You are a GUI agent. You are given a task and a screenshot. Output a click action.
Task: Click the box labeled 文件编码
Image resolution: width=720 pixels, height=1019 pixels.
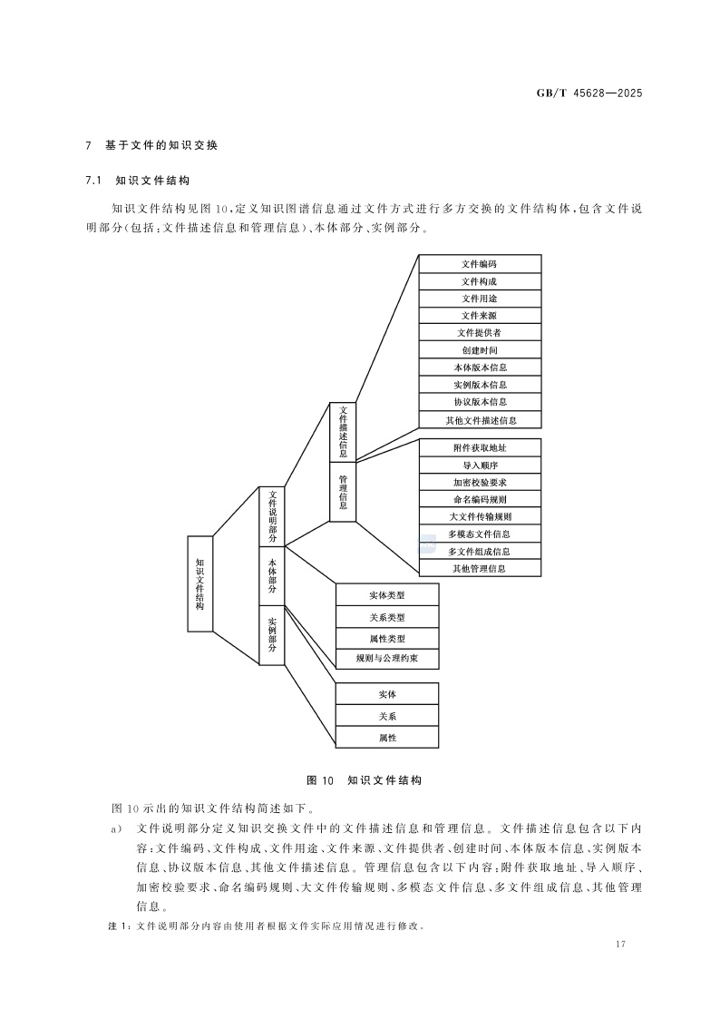[x=479, y=263]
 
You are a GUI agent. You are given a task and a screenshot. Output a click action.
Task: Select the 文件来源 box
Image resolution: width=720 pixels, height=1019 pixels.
[x=479, y=315]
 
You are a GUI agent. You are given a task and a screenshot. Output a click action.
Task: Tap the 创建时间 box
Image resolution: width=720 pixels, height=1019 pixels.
[x=479, y=349]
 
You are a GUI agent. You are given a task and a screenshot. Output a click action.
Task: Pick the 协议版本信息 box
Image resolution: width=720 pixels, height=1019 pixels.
[x=479, y=401]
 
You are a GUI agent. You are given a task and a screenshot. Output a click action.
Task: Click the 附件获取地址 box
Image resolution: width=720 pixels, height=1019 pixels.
[x=479, y=447]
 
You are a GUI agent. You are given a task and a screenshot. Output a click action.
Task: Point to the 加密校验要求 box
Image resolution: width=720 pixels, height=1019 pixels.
[x=479, y=482]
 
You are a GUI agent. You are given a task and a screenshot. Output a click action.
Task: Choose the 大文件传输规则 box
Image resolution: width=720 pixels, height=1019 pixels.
[x=479, y=516]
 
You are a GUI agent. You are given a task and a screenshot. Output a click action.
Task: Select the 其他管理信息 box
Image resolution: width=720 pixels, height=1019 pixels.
[x=479, y=568]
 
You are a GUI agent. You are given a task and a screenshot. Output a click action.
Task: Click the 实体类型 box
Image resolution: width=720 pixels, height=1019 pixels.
[x=387, y=595]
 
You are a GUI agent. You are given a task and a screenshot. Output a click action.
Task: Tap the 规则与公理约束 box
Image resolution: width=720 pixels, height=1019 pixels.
[x=387, y=659]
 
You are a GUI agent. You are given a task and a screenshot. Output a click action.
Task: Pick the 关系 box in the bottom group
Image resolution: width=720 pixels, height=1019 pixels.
[x=387, y=716]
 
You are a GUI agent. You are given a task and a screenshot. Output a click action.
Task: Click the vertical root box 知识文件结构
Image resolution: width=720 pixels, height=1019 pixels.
[x=199, y=583]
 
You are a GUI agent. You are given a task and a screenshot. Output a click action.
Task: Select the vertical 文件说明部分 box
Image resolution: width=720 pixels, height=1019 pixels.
[x=272, y=517]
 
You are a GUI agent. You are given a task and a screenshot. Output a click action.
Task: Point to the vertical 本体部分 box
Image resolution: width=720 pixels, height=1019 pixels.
[x=272, y=575]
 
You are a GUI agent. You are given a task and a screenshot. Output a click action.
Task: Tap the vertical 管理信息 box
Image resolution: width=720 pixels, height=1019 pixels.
[x=343, y=491]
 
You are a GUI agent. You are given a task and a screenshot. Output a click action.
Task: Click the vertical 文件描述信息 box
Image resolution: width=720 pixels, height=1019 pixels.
[x=343, y=431]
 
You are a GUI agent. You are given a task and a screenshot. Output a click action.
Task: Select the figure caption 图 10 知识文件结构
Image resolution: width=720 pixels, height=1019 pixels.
[x=365, y=780]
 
